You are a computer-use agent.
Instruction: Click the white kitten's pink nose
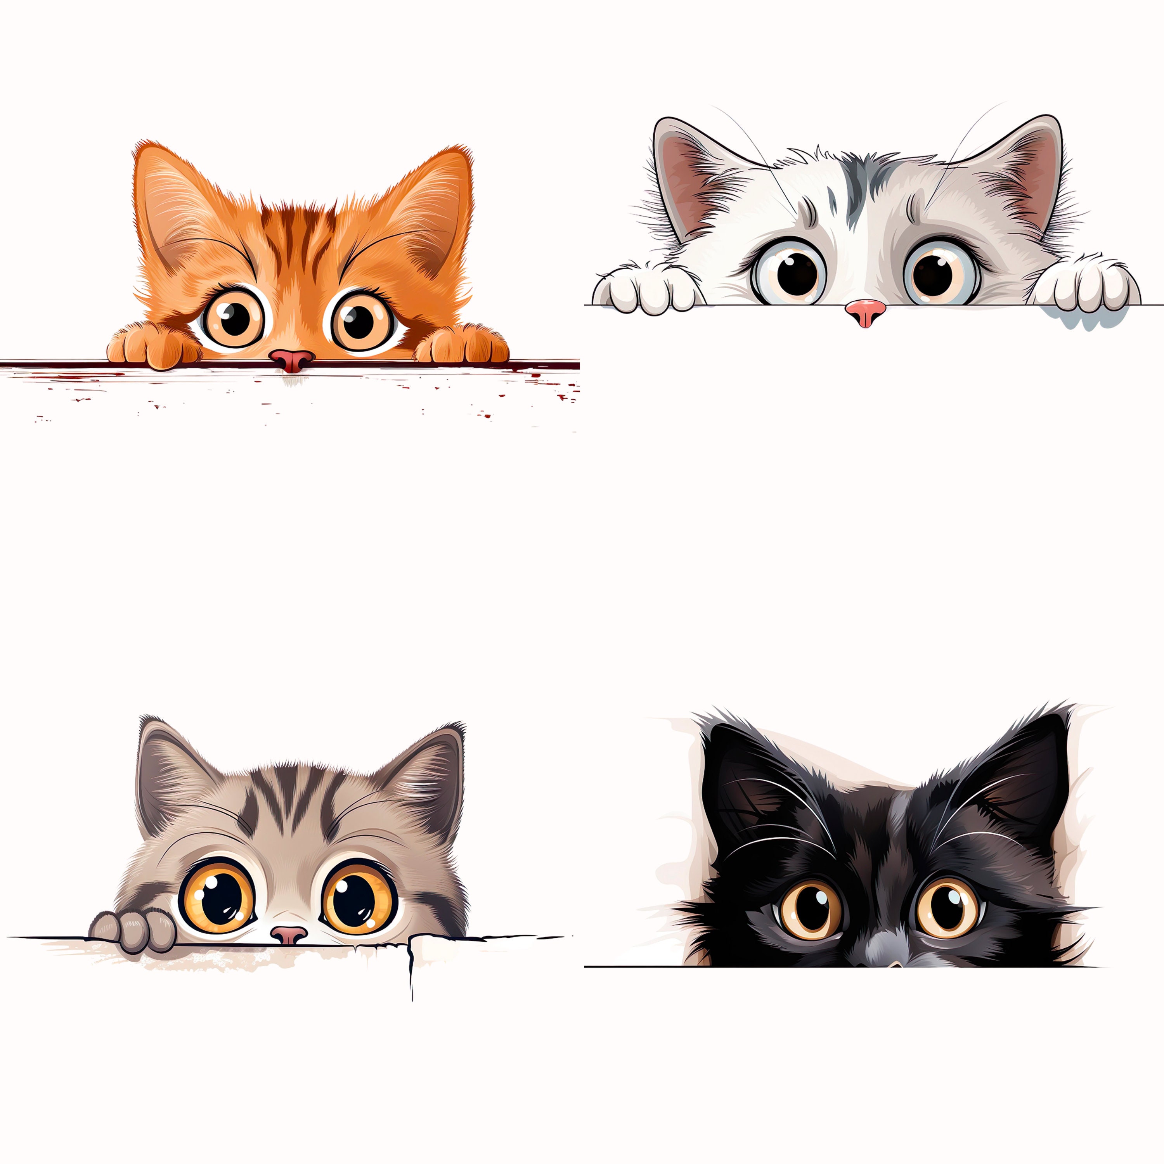pyautogui.click(x=865, y=312)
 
